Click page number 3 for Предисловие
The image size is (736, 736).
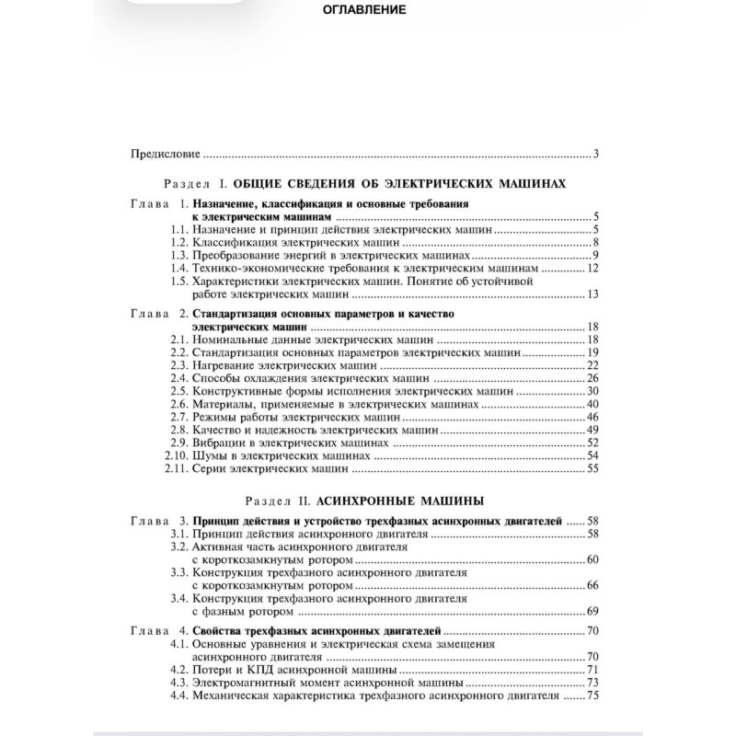(596, 154)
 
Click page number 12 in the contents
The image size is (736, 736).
(592, 268)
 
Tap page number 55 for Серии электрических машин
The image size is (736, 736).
(592, 468)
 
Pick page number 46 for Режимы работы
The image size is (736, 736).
(592, 417)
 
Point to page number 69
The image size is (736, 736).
(592, 611)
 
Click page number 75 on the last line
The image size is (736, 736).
(592, 696)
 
